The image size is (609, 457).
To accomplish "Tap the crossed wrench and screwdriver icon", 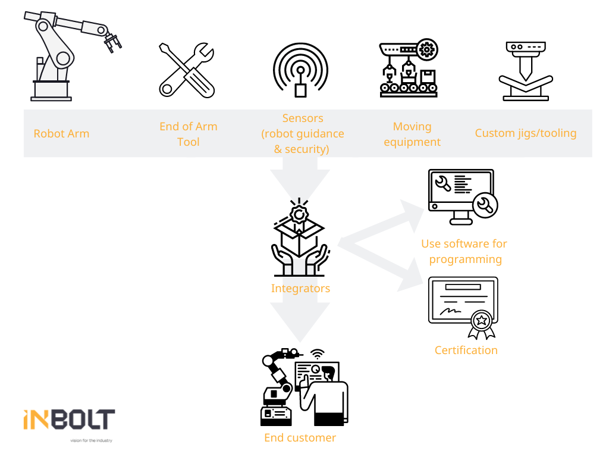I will [187, 70].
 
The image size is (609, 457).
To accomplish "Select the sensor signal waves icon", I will [300, 68].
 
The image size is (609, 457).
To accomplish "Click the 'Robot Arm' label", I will [61, 133].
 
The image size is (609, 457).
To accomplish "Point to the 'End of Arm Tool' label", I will [188, 134].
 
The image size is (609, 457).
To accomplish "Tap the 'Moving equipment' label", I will [412, 134].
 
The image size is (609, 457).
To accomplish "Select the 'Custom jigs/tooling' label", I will [526, 133].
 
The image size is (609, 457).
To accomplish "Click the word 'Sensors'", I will [303, 118].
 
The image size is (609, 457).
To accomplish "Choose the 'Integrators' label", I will [300, 289].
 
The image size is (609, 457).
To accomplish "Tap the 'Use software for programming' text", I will [464, 251].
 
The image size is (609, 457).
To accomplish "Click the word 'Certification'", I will [466, 350].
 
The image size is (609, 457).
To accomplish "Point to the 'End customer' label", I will [300, 438].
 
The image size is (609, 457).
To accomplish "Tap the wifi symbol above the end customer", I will [319, 353].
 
